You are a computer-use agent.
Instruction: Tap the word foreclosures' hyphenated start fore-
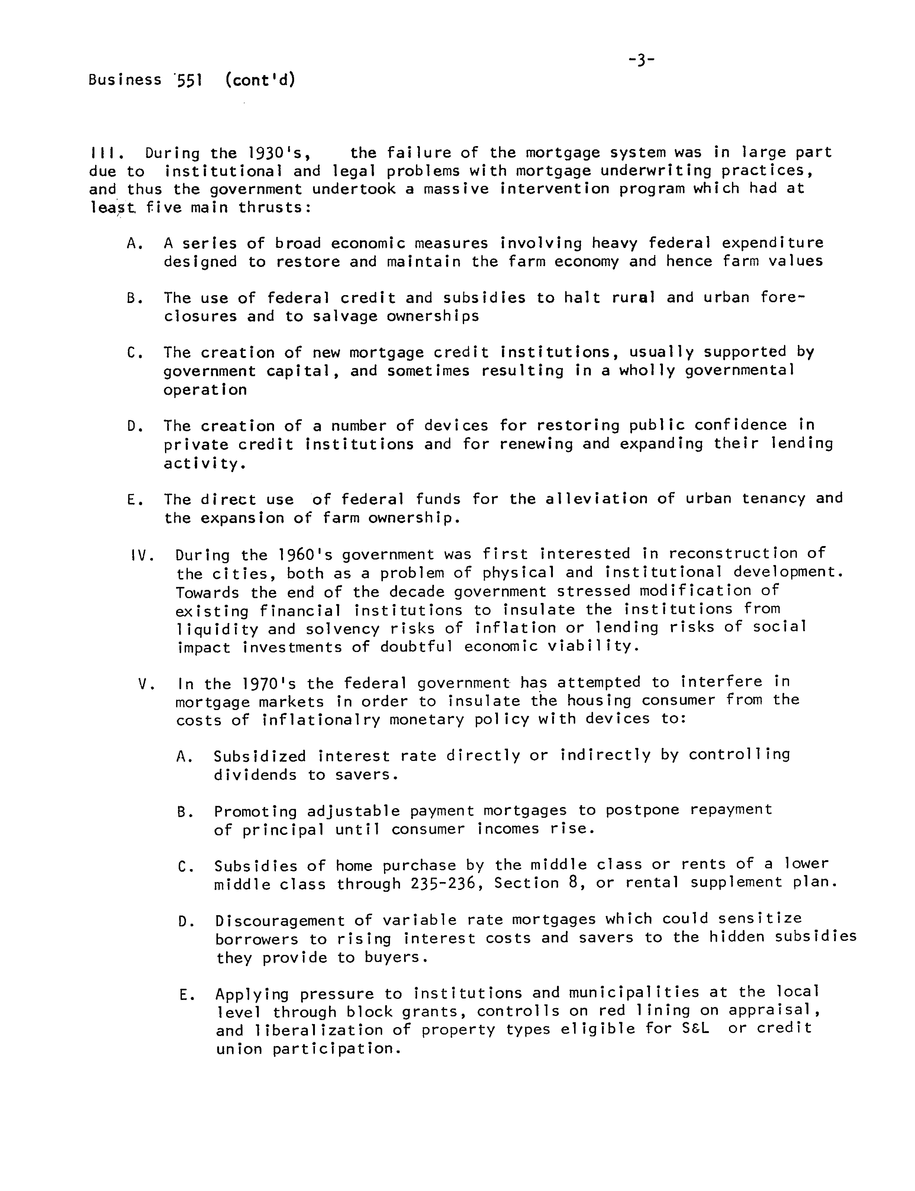click(x=782, y=298)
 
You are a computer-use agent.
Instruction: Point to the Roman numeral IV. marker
click(x=143, y=556)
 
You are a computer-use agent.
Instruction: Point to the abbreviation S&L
click(x=696, y=1029)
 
